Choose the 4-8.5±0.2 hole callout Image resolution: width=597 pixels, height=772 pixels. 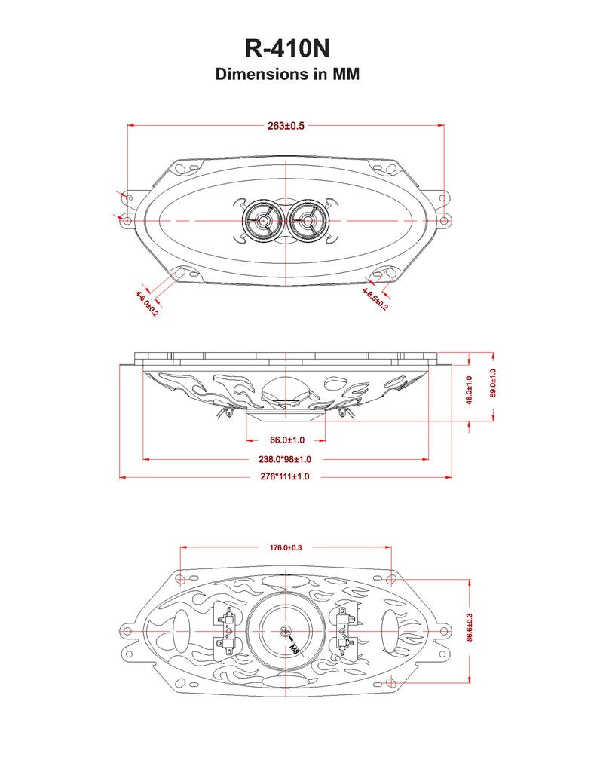[375, 299]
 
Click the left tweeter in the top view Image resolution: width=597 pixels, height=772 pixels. [263, 220]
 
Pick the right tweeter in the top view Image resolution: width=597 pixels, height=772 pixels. [307, 220]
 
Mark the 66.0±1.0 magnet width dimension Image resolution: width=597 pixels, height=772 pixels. [286, 440]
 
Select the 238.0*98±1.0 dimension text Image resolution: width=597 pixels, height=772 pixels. [286, 458]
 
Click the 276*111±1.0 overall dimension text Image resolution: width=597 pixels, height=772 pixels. [285, 477]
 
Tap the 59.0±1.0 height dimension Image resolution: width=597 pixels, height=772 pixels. [494, 383]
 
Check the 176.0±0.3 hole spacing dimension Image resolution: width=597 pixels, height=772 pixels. [286, 547]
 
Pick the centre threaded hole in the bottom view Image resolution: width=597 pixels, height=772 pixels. [286, 631]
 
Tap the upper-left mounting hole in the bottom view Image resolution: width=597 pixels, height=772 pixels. [180, 579]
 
